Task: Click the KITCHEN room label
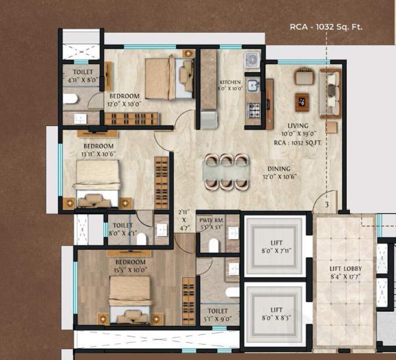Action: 231,82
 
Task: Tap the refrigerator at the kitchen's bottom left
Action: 209,119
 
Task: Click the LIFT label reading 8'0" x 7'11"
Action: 276,242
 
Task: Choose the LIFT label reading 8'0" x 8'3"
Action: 276,309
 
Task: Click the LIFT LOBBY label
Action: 346,269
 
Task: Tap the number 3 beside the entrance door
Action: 327,205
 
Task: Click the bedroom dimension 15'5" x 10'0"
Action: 130,269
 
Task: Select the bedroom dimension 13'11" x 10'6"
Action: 99,153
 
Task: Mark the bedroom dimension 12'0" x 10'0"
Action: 124,104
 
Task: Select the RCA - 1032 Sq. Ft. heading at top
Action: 326,27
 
